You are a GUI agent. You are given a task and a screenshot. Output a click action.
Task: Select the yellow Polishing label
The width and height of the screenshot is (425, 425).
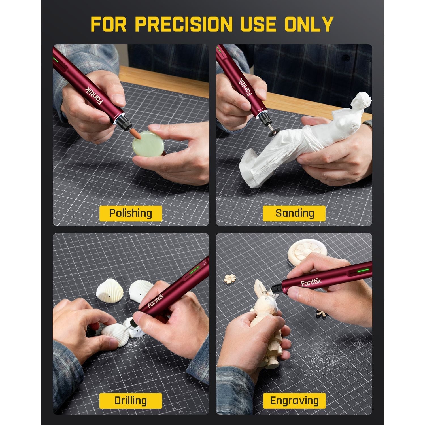131,213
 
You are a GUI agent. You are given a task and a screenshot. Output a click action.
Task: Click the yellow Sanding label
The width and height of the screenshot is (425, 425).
295,213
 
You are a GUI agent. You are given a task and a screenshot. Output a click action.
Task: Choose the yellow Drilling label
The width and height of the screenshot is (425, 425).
131,401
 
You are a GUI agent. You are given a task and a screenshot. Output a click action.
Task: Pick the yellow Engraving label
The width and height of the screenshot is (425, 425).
295,401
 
